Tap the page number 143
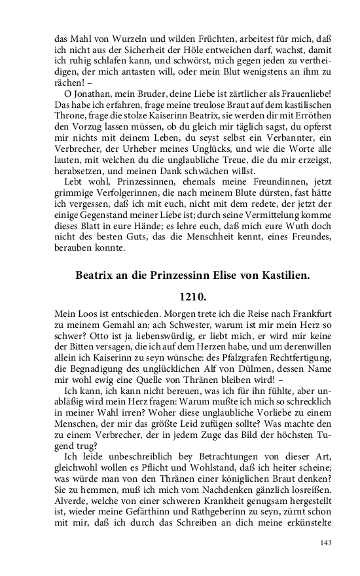tap(327, 543)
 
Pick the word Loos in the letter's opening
tap(81, 314)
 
